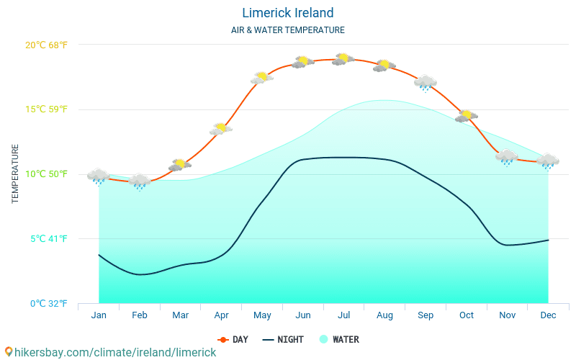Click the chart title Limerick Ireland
coord(287,13)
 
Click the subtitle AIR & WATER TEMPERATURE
coord(287,30)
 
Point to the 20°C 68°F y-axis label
coord(46,45)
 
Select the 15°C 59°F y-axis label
coord(46,109)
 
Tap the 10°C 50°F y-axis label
coord(46,174)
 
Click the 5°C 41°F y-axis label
coord(48,239)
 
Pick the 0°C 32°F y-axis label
coord(48,304)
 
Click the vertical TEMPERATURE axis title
coord(15,174)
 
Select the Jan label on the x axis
coord(99,315)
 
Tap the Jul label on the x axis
coord(344,315)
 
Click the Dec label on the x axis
coord(548,315)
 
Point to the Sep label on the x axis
coord(426,315)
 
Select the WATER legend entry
coord(338,340)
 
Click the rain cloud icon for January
coord(99,176)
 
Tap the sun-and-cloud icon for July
coord(343,59)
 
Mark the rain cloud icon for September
coord(426,82)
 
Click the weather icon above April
coord(221,129)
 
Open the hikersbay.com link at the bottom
coord(110,352)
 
